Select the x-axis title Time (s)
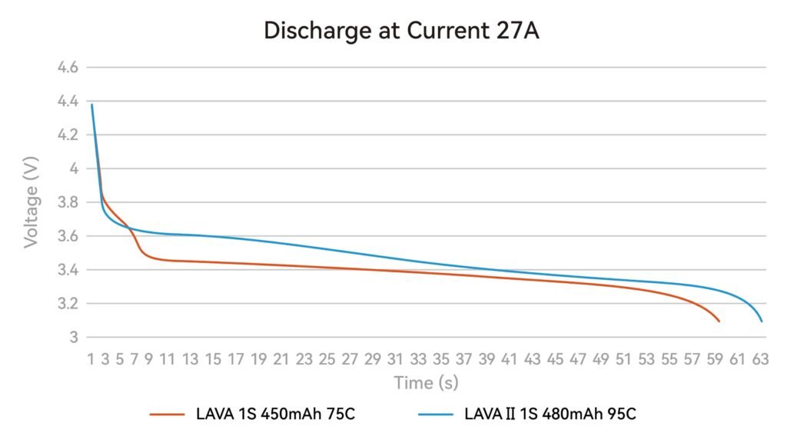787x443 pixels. (x=426, y=382)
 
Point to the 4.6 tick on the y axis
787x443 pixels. (x=68, y=68)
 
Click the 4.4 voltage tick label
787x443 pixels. (x=68, y=102)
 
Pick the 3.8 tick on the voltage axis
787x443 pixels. (x=68, y=202)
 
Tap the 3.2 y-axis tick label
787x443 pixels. (x=68, y=304)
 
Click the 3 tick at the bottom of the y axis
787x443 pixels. (x=74, y=337)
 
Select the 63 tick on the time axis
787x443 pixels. (x=761, y=358)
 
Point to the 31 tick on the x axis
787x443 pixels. (x=395, y=358)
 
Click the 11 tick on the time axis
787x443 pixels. (x=166, y=358)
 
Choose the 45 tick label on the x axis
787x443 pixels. (x=555, y=358)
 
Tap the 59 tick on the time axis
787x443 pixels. (x=716, y=358)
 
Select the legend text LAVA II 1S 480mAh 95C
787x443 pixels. (x=550, y=414)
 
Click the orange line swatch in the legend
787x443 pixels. (x=168, y=414)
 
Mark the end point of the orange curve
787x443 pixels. (x=719, y=321)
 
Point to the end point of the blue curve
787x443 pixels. (x=762, y=321)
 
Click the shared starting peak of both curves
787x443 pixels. (x=92, y=105)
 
